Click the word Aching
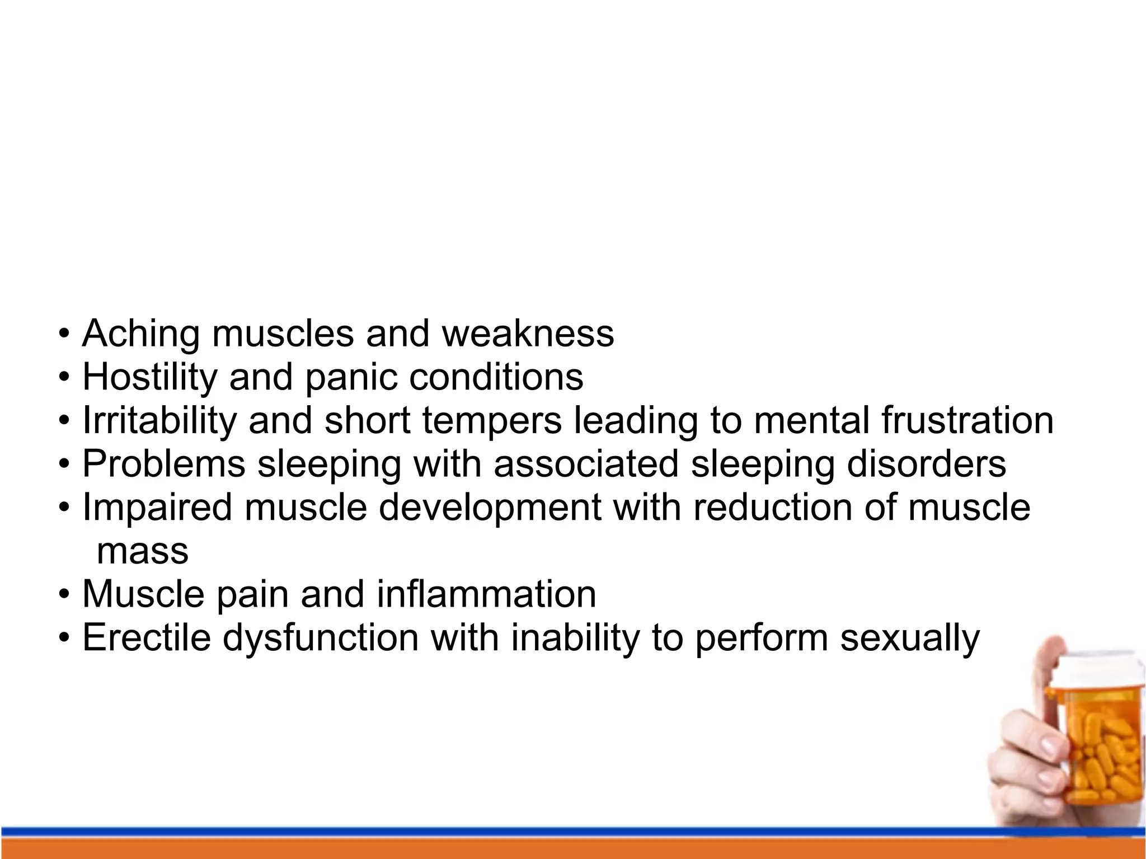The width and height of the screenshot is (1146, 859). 140,334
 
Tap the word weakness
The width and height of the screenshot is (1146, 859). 528,334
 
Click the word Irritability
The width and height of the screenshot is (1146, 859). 159,421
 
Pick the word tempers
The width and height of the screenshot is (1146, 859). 492,421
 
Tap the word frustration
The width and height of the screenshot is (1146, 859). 967,421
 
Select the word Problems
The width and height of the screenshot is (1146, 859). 164,464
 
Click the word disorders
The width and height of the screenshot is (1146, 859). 926,464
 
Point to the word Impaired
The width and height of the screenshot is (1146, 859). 157,508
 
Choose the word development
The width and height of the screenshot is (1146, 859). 490,508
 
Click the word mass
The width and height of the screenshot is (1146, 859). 142,552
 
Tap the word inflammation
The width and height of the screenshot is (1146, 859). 486,595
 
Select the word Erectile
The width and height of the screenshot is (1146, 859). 147,639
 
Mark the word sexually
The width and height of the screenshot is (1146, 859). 910,639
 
